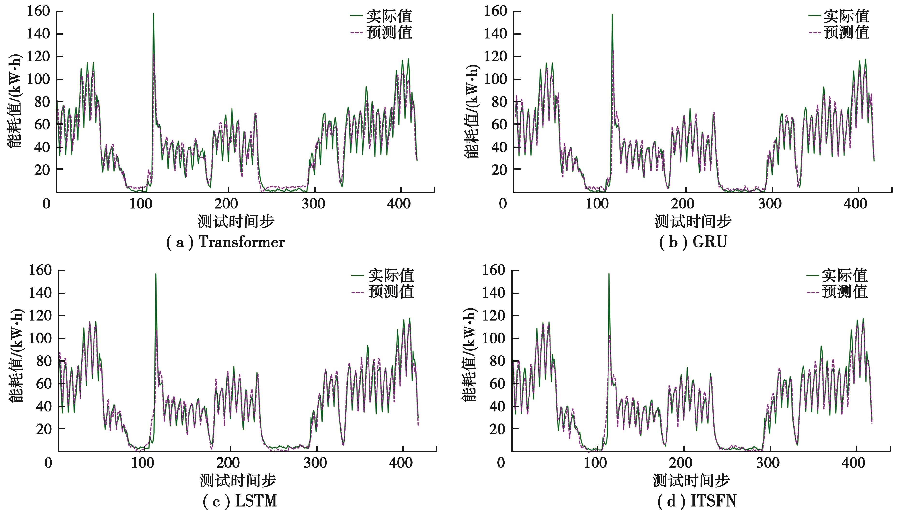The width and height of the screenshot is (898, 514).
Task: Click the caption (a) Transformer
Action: [225, 242]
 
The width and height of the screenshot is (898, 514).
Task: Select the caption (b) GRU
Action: [693, 242]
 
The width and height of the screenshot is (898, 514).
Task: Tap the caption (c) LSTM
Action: [240, 501]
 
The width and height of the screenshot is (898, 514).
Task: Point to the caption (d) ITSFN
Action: [697, 501]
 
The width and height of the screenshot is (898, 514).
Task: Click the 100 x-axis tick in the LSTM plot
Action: [142, 463]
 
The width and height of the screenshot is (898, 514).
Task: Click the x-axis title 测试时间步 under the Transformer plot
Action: [236, 222]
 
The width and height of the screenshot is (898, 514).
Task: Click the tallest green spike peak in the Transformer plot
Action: [154, 14]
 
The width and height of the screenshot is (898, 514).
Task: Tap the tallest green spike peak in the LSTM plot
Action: [156, 274]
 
